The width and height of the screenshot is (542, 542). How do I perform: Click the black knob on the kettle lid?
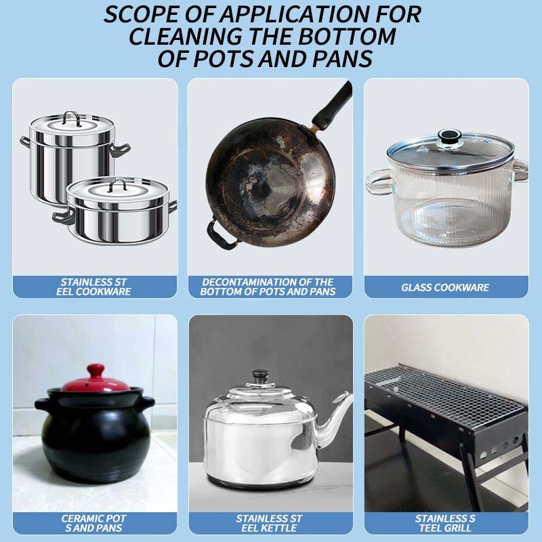pyautogui.click(x=261, y=375)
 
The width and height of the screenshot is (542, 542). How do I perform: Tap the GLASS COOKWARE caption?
pyautogui.click(x=445, y=287)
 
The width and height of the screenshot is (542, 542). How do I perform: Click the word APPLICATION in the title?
pyautogui.click(x=293, y=14)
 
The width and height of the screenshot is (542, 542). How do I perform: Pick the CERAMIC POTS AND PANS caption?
pyautogui.click(x=93, y=523)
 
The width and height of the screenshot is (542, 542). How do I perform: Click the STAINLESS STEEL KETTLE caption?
pyautogui.click(x=269, y=523)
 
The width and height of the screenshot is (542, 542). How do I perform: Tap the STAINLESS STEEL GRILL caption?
pyautogui.click(x=445, y=523)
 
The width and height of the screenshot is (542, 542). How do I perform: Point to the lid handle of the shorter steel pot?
pyautogui.click(x=118, y=186)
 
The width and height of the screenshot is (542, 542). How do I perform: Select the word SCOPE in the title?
pyautogui.click(x=140, y=14)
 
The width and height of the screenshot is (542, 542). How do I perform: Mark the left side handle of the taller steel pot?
pyautogui.click(x=25, y=142)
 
